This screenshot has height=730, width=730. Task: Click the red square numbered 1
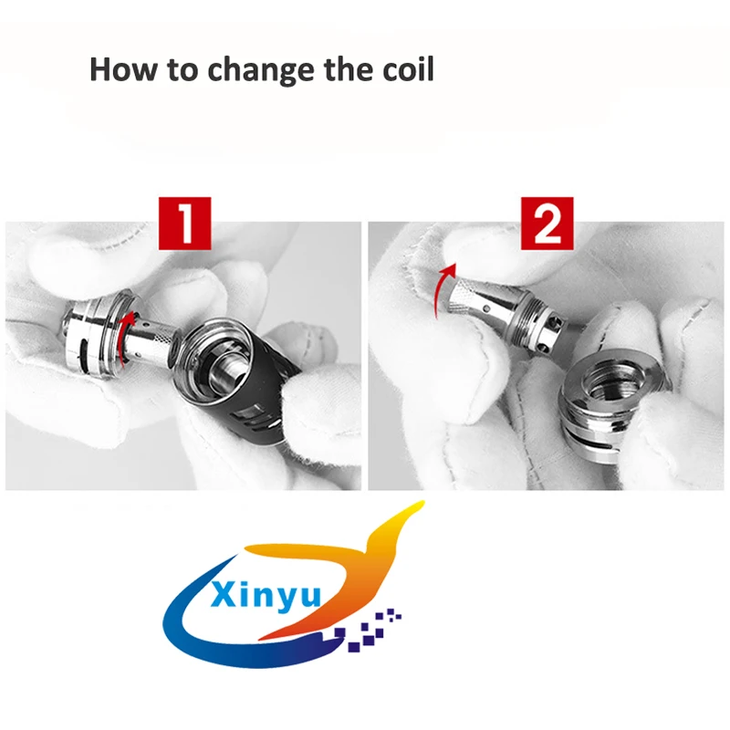[185, 224]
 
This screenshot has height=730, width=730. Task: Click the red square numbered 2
[547, 224]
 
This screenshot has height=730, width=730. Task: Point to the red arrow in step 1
[125, 339]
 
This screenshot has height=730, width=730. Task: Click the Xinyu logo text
[266, 595]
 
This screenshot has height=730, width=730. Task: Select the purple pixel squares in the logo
[368, 630]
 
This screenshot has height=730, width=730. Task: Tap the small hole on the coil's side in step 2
[487, 308]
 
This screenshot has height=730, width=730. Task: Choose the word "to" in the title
[182, 71]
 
